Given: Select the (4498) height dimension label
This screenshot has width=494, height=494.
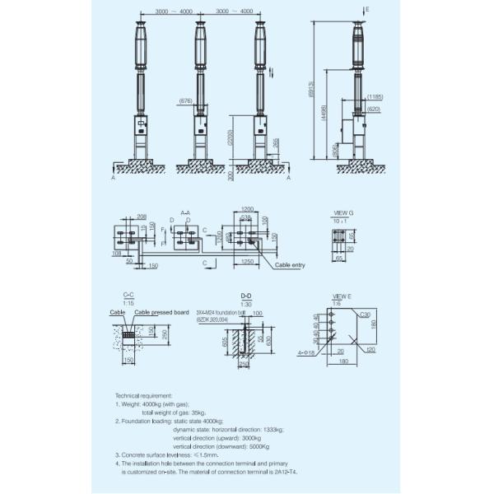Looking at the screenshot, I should pyautogui.click(x=325, y=114).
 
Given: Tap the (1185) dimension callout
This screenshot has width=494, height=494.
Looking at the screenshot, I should pyautogui.click(x=375, y=97).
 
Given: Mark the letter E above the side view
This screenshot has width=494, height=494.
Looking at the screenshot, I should pyautogui.click(x=367, y=7).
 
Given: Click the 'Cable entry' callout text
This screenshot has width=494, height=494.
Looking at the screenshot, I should pyautogui.click(x=290, y=265).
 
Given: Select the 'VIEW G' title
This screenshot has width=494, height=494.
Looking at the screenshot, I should pyautogui.click(x=340, y=213).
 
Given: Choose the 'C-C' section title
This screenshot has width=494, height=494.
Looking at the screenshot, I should pyautogui.click(x=128, y=293).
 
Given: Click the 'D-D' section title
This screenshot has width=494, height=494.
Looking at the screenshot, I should pyautogui.click(x=245, y=294).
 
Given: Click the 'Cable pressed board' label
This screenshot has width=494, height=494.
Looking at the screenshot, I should pyautogui.click(x=161, y=313).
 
